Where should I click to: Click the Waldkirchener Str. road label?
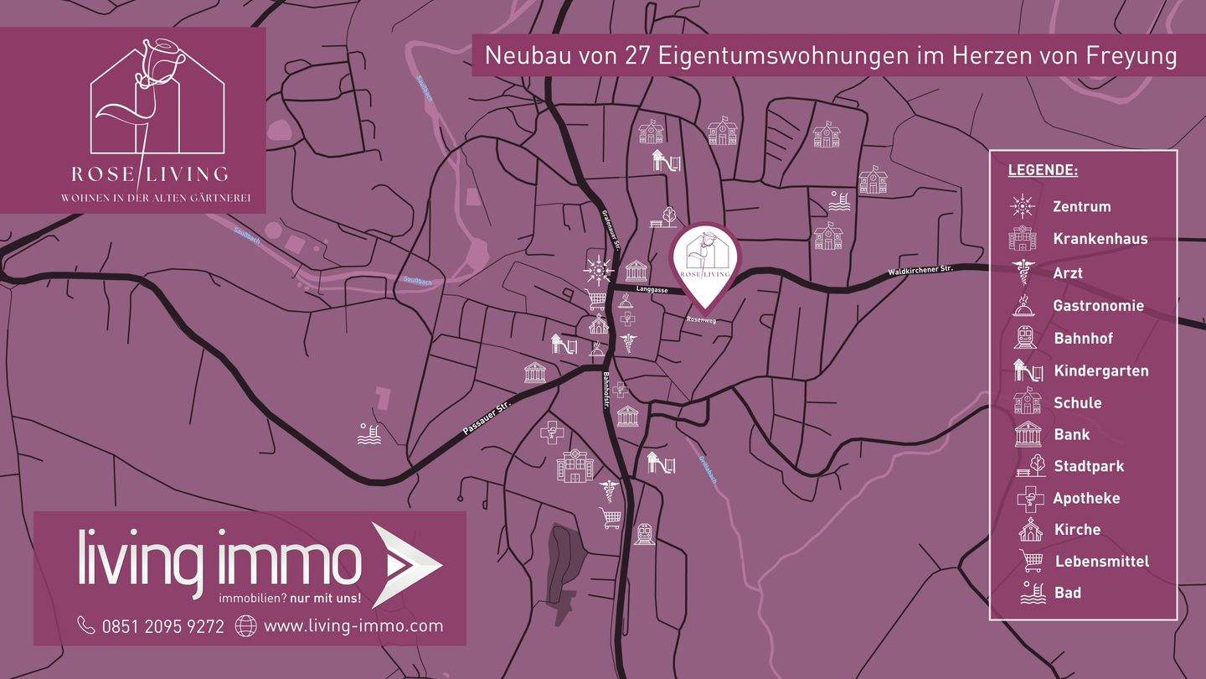click(921, 271)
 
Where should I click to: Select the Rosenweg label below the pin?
click(701, 319)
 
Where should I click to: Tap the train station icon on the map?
click(643, 533)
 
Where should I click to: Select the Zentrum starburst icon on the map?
click(598, 270)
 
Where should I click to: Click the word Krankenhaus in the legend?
click(1100, 239)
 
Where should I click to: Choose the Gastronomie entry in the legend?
click(1098, 306)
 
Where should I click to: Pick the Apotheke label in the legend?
click(1086, 498)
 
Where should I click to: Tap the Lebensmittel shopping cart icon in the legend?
click(1030, 561)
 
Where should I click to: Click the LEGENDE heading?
click(1042, 170)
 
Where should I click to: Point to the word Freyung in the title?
click(1132, 55)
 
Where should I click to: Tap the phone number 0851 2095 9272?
click(162, 625)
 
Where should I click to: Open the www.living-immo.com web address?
click(353, 625)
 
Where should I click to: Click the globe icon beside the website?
click(245, 625)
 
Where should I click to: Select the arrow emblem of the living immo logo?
click(405, 563)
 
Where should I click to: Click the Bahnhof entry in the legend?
click(1083, 339)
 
